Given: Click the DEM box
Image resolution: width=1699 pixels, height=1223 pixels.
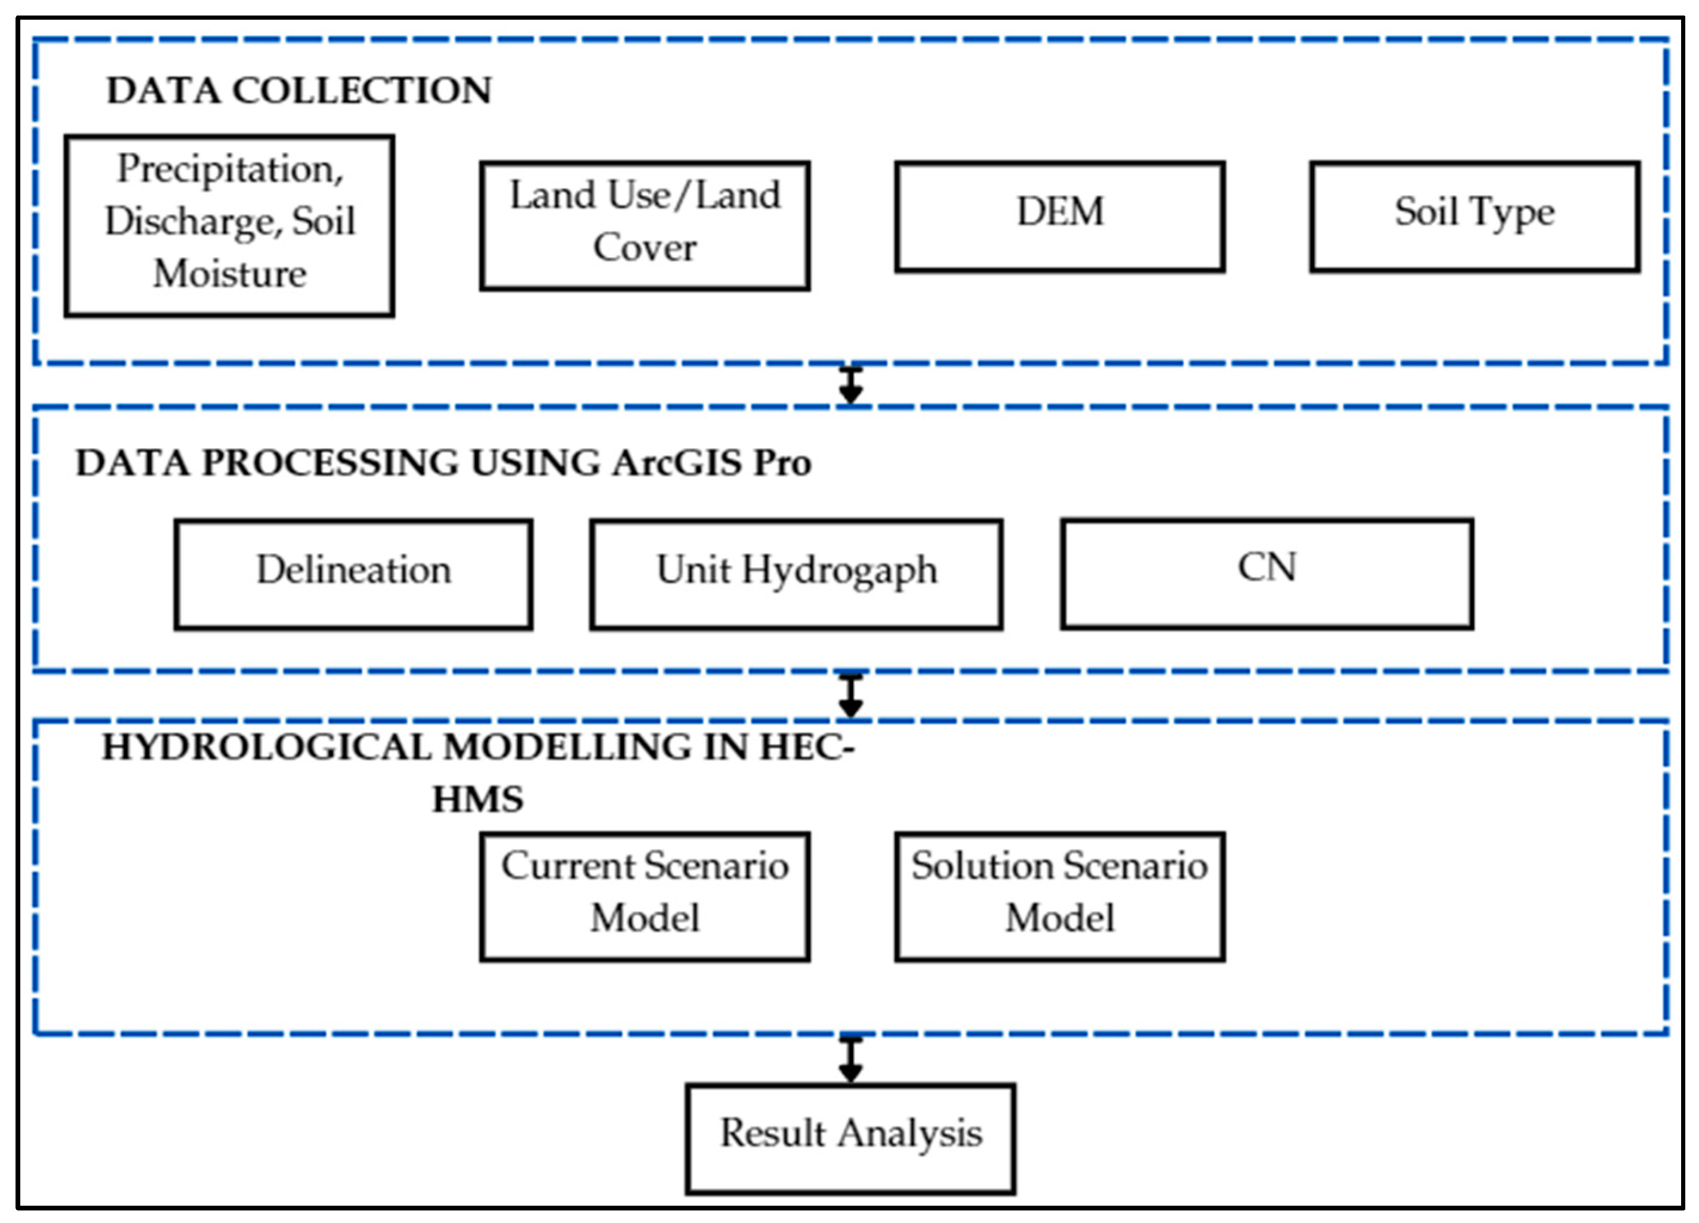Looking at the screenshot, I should [x=1059, y=216].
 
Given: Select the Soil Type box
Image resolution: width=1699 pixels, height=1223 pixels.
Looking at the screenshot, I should [x=1474, y=216].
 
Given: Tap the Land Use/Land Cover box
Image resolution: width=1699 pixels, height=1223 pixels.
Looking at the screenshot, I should [x=645, y=225].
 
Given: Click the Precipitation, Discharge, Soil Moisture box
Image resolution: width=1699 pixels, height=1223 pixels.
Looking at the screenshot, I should [x=229, y=225].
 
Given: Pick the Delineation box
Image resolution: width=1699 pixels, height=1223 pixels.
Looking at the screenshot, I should [x=353, y=574].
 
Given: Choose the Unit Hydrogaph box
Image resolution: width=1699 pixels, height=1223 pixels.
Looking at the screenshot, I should [x=795, y=574].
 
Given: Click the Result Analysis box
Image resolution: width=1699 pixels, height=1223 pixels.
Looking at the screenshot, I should [x=850, y=1138].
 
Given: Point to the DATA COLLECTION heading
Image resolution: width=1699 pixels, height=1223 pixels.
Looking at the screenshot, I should [x=299, y=91].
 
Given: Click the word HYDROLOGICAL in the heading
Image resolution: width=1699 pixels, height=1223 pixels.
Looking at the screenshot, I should [x=266, y=748].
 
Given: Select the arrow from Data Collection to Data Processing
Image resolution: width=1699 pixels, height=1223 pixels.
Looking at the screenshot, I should [x=850, y=385].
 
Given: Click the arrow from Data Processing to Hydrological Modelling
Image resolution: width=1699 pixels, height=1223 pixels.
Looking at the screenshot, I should [x=850, y=695].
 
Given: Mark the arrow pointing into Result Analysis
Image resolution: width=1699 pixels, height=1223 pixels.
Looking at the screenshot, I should [x=850, y=1059].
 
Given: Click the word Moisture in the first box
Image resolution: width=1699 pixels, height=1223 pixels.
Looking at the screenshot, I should [x=230, y=273].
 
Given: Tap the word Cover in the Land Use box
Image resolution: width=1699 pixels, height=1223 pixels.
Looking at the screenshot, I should [x=645, y=248].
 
